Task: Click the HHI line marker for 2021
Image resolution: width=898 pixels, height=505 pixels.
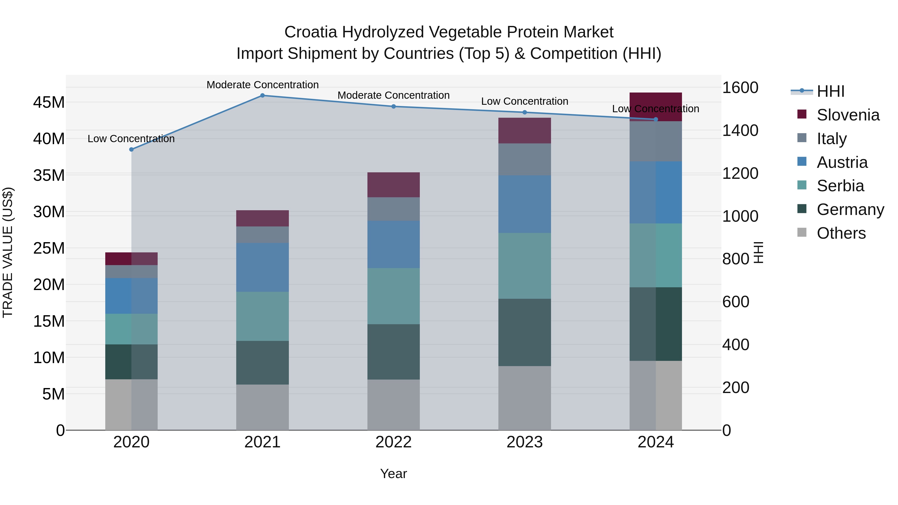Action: pyautogui.click(x=262, y=96)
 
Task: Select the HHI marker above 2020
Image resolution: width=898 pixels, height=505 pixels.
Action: pyautogui.click(x=131, y=150)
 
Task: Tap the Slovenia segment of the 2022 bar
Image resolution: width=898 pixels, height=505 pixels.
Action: pyautogui.click(x=394, y=185)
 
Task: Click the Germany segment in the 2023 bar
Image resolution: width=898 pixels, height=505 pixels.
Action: pyautogui.click(x=525, y=332)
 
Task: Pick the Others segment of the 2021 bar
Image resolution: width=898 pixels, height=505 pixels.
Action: pyautogui.click(x=262, y=407)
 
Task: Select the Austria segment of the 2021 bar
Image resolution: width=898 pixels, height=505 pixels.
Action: pyautogui.click(x=262, y=267)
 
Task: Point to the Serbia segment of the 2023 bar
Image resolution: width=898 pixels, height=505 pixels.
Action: pyautogui.click(x=525, y=266)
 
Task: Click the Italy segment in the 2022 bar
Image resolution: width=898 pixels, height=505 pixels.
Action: pyautogui.click(x=394, y=209)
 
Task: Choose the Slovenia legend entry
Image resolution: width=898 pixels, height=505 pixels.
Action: pyautogui.click(x=848, y=115)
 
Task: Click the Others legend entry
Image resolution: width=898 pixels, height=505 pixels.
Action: pyautogui.click(x=841, y=233)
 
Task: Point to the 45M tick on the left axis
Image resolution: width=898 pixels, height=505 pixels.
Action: pyautogui.click(x=49, y=102)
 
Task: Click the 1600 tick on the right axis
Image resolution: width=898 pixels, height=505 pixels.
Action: pyautogui.click(x=740, y=88)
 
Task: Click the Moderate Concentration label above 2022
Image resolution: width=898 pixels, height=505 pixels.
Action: pyautogui.click(x=394, y=95)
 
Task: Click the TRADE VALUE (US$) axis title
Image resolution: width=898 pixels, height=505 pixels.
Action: pyautogui.click(x=8, y=252)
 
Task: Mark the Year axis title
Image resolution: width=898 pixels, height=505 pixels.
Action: pyautogui.click(x=394, y=474)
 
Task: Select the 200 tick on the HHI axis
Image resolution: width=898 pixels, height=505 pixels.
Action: pyautogui.click(x=736, y=388)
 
